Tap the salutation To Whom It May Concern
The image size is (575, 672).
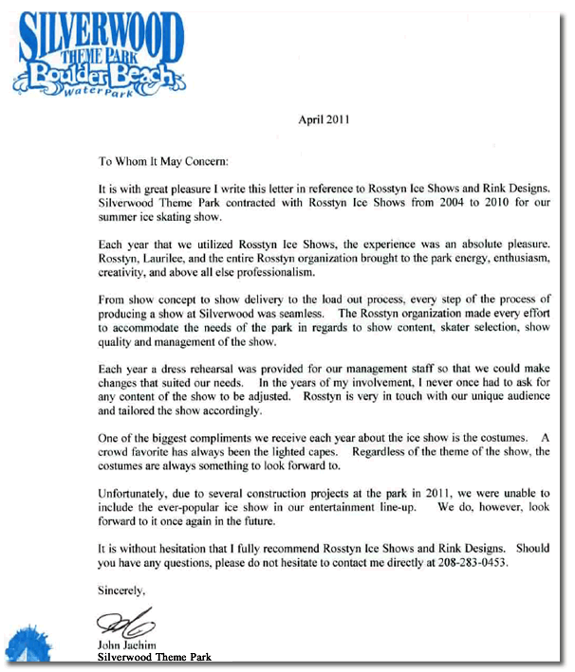(x=163, y=161)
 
